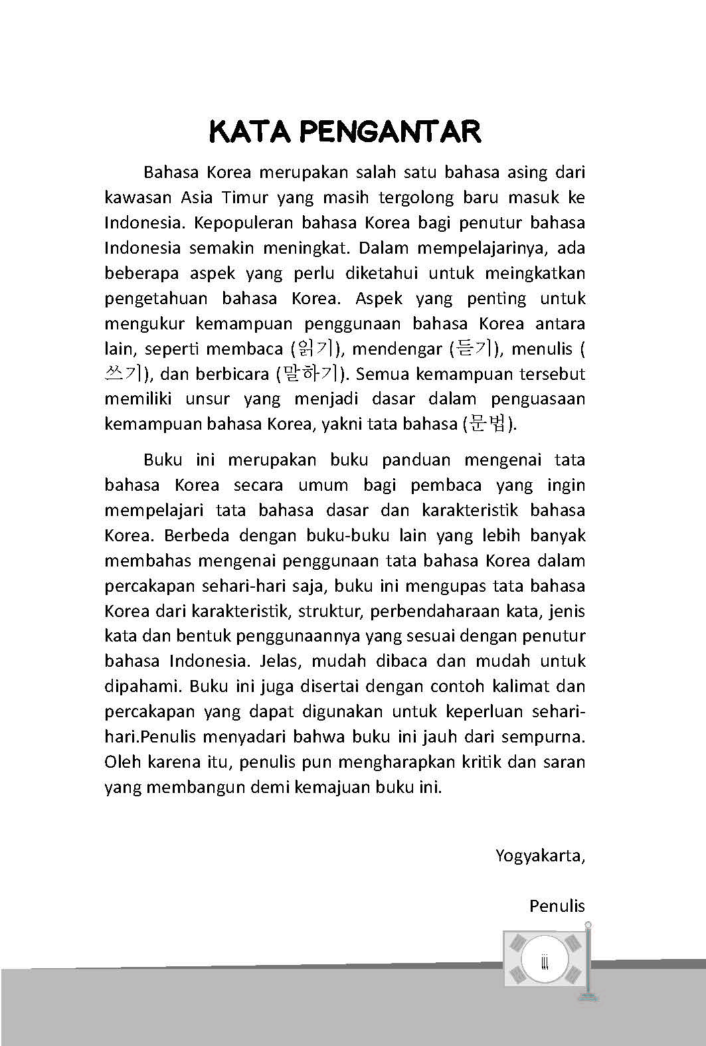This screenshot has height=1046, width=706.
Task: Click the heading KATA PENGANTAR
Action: [345, 131]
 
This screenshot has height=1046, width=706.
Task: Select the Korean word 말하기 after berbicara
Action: [310, 374]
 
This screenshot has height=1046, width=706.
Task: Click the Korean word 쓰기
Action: [122, 374]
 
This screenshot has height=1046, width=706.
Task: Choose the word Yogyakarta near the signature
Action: [539, 855]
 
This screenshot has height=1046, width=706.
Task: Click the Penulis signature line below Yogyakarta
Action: [557, 906]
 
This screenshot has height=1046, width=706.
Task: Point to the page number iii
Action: [545, 961]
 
